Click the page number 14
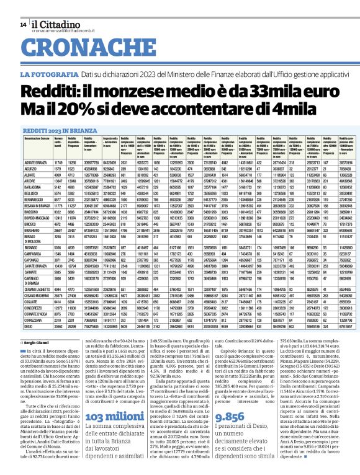point(23,24)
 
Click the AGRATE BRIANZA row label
point(35,161)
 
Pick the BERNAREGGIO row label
point(34,200)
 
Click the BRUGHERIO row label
point(31,229)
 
